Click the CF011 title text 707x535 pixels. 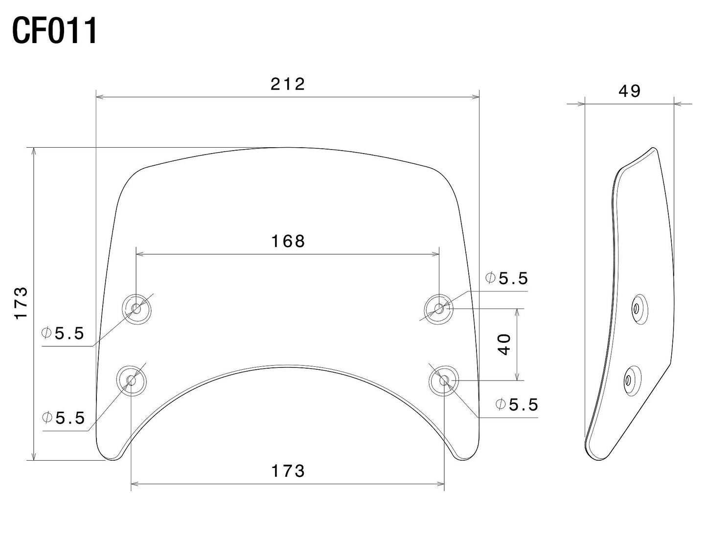pyautogui.click(x=55, y=31)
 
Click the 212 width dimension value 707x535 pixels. pyautogui.click(x=288, y=84)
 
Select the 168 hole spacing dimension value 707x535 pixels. pyautogui.click(x=288, y=241)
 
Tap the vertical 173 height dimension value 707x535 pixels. pyautogui.click(x=21, y=304)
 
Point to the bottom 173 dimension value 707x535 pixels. pyautogui.click(x=288, y=471)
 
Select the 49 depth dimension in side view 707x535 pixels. pyautogui.click(x=629, y=91)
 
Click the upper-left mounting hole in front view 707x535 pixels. pyautogui.click(x=136, y=309)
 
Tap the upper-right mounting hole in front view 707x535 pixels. pyautogui.click(x=439, y=309)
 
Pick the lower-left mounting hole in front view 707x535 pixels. pyautogui.click(x=131, y=380)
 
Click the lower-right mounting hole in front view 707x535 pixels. pyautogui.click(x=443, y=380)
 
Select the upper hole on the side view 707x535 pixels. pyautogui.click(x=637, y=309)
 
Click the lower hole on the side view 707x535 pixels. pyautogui.click(x=628, y=379)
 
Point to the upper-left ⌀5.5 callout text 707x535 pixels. pyautogui.click(x=63, y=334)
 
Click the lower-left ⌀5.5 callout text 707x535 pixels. pyautogui.click(x=64, y=418)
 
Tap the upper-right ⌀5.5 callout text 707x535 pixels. pyautogui.click(x=507, y=278)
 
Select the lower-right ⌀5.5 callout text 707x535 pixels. pyautogui.click(x=517, y=404)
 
